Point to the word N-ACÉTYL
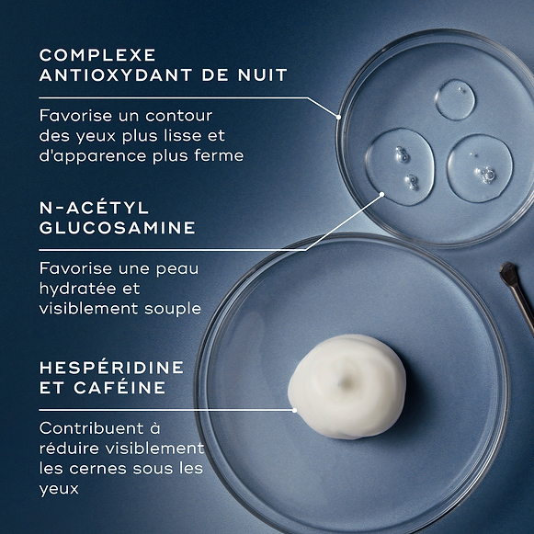94,208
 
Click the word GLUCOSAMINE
118,228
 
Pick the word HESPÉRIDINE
111,368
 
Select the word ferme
221,155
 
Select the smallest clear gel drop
455,99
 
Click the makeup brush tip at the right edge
508,273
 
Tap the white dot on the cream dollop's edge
294,410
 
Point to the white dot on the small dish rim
339,117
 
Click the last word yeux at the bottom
59,489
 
